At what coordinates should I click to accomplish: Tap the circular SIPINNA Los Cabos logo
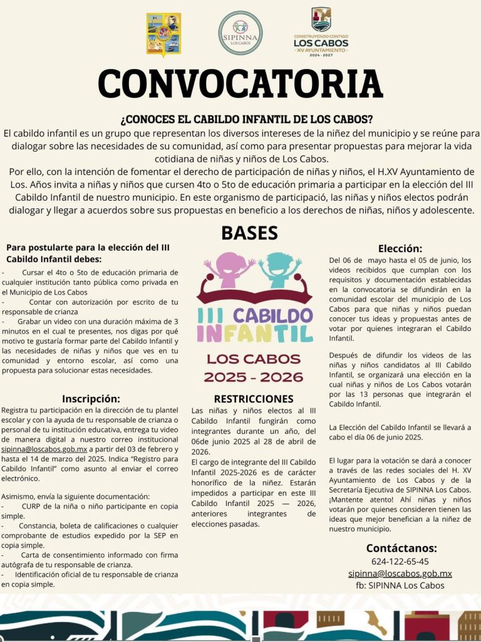[240, 33]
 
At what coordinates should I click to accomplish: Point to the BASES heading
[249, 233]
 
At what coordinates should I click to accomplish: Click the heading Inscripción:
[91, 398]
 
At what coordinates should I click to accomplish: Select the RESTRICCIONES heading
[253, 399]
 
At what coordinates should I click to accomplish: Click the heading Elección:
[400, 248]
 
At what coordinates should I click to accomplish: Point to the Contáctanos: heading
[401, 547]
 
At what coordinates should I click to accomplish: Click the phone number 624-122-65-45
[400, 561]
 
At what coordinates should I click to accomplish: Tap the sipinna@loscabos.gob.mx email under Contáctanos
[400, 573]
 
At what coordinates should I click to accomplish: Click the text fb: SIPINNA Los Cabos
[400, 585]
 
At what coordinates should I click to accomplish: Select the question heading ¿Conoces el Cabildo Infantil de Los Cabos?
[246, 119]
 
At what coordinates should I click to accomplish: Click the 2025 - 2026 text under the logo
[254, 377]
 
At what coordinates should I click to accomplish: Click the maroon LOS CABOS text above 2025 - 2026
[254, 359]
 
